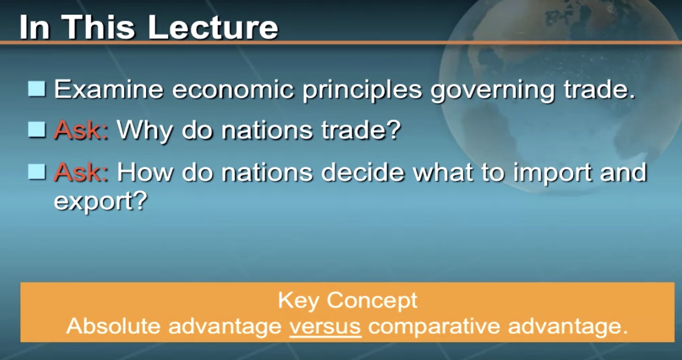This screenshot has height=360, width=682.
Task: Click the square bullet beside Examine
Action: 37,89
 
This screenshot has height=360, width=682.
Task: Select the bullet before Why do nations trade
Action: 37,130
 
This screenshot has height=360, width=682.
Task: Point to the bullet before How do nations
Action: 37,172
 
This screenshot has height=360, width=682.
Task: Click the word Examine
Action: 109,89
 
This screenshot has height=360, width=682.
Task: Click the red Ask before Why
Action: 81,130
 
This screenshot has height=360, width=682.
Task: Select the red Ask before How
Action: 81,172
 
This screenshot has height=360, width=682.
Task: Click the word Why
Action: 145,131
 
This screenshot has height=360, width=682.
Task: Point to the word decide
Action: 363,172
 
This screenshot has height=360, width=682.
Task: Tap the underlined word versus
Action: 325,326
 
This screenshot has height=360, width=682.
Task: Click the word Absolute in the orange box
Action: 113,326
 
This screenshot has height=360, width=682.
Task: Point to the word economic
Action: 233,89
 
